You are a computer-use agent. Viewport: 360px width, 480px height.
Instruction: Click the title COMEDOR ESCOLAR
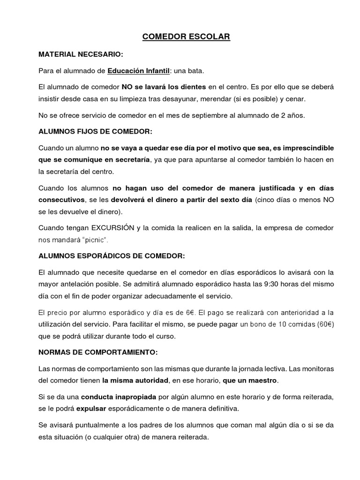coord(180,37)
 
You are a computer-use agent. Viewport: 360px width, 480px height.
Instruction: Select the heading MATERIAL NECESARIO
coord(80,54)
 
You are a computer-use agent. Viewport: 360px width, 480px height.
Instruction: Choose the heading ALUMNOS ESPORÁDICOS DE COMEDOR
coord(112,256)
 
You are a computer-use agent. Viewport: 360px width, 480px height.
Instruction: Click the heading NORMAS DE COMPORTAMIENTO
coord(98,352)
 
